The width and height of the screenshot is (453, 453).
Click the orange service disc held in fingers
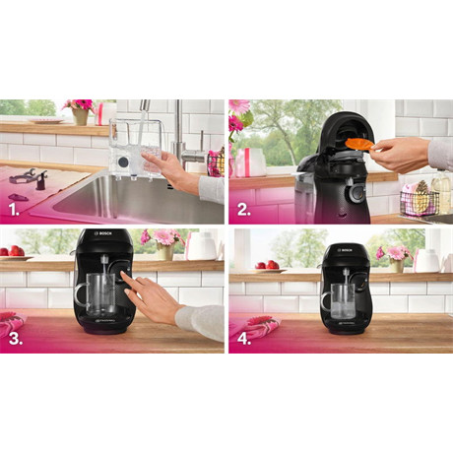358,145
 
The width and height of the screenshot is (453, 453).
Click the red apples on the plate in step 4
267,264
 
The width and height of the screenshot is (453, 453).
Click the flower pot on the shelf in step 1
80,116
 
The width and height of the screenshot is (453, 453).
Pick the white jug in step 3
202,246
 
